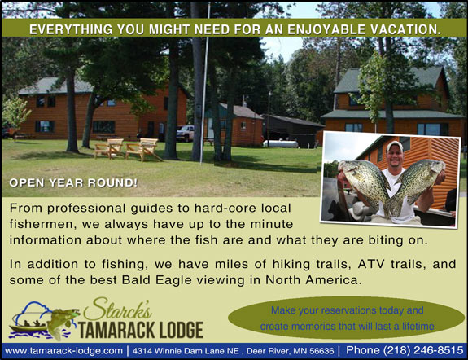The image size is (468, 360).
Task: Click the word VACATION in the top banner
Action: pos(399,29)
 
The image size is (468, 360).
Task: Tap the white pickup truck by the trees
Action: pos(185,133)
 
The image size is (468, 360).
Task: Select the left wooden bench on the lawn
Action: pos(108,148)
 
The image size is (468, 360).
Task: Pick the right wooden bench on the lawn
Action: pos(142,149)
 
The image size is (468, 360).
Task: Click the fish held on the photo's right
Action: pos(420,187)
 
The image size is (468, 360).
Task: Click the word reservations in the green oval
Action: pos(343,310)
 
